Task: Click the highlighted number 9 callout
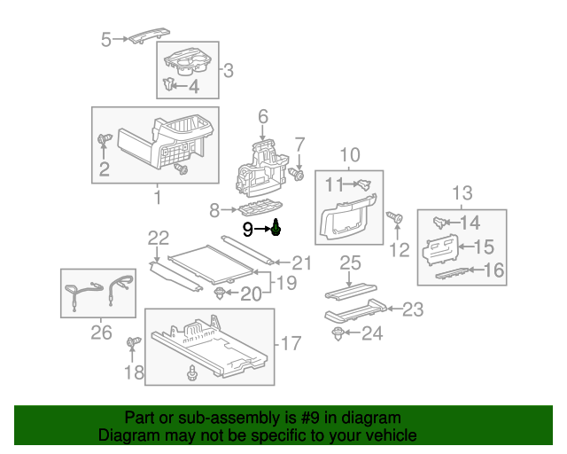click(x=249, y=230)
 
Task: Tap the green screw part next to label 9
click(x=276, y=229)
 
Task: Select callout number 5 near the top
click(x=106, y=39)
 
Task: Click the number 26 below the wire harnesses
click(x=102, y=333)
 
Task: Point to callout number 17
click(x=291, y=342)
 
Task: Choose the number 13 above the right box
click(x=462, y=192)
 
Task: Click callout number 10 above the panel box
click(x=350, y=153)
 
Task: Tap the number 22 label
click(x=158, y=237)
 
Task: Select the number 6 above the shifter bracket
click(x=262, y=116)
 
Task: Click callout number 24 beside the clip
click(x=373, y=333)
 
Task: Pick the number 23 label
click(x=413, y=309)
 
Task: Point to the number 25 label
click(x=351, y=262)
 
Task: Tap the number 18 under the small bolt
click(x=133, y=373)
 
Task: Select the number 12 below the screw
click(x=400, y=251)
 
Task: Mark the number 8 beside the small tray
click(x=214, y=210)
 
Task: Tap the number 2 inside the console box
click(x=104, y=169)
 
